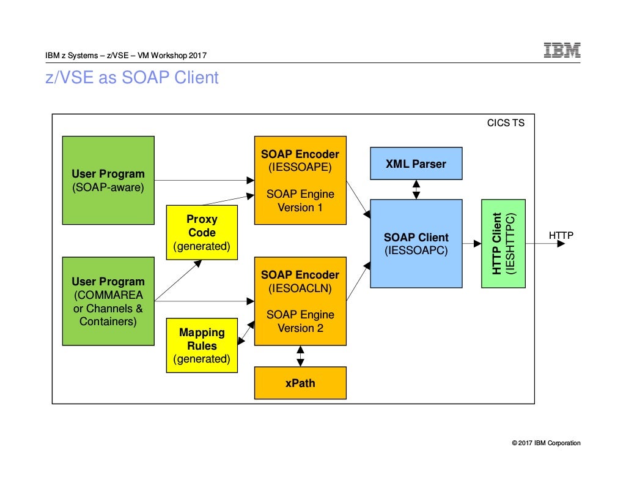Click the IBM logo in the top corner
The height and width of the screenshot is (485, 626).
[x=562, y=50]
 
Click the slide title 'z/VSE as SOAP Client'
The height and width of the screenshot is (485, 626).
[x=132, y=78]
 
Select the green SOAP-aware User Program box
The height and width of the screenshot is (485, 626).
[x=108, y=180]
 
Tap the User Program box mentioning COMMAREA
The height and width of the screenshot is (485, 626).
[x=108, y=301]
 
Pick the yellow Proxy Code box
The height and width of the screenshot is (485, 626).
[x=202, y=233]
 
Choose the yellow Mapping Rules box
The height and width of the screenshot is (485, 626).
[x=202, y=345]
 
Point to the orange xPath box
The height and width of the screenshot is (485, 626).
[x=300, y=383]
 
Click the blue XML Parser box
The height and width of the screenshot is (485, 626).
[x=416, y=164]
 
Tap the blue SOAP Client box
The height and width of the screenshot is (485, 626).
[x=416, y=243]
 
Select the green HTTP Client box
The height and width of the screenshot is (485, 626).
[x=503, y=243]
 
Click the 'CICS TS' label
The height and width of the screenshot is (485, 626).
[x=506, y=123]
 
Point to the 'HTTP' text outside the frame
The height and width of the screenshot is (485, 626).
[x=561, y=235]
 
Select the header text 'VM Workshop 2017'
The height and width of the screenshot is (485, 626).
[x=172, y=56]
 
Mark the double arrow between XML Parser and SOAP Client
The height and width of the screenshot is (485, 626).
[x=416, y=190]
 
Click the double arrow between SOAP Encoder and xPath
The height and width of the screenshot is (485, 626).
[x=300, y=356]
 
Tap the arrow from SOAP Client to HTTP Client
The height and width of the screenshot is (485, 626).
[x=471, y=243]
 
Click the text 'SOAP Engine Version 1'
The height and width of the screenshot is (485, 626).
[x=300, y=201]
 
